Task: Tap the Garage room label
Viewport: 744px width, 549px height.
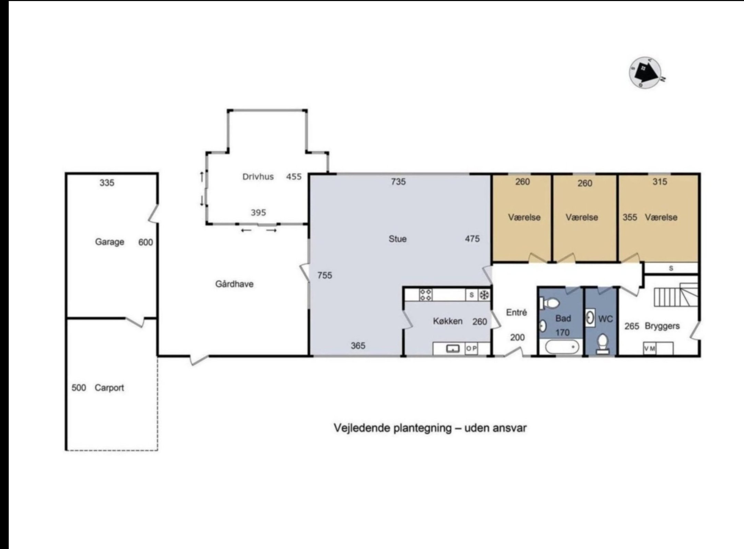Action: (110, 242)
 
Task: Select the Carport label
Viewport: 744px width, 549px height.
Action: (109, 388)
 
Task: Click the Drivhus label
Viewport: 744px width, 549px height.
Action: (258, 177)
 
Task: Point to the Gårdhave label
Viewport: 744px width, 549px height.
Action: (234, 284)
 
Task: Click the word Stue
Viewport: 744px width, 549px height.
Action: (398, 239)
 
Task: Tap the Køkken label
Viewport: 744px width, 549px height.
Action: (448, 321)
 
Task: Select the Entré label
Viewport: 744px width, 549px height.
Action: (516, 312)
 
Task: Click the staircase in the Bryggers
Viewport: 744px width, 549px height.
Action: (676, 294)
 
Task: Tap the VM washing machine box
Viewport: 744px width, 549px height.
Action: (650, 348)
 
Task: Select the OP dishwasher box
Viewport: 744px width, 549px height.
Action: (471, 348)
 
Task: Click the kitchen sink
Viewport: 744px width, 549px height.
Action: (453, 349)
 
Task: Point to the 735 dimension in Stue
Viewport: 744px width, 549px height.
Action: (398, 181)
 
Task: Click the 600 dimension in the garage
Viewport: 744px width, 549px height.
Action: (146, 243)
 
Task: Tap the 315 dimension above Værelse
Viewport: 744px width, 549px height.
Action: (660, 181)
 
